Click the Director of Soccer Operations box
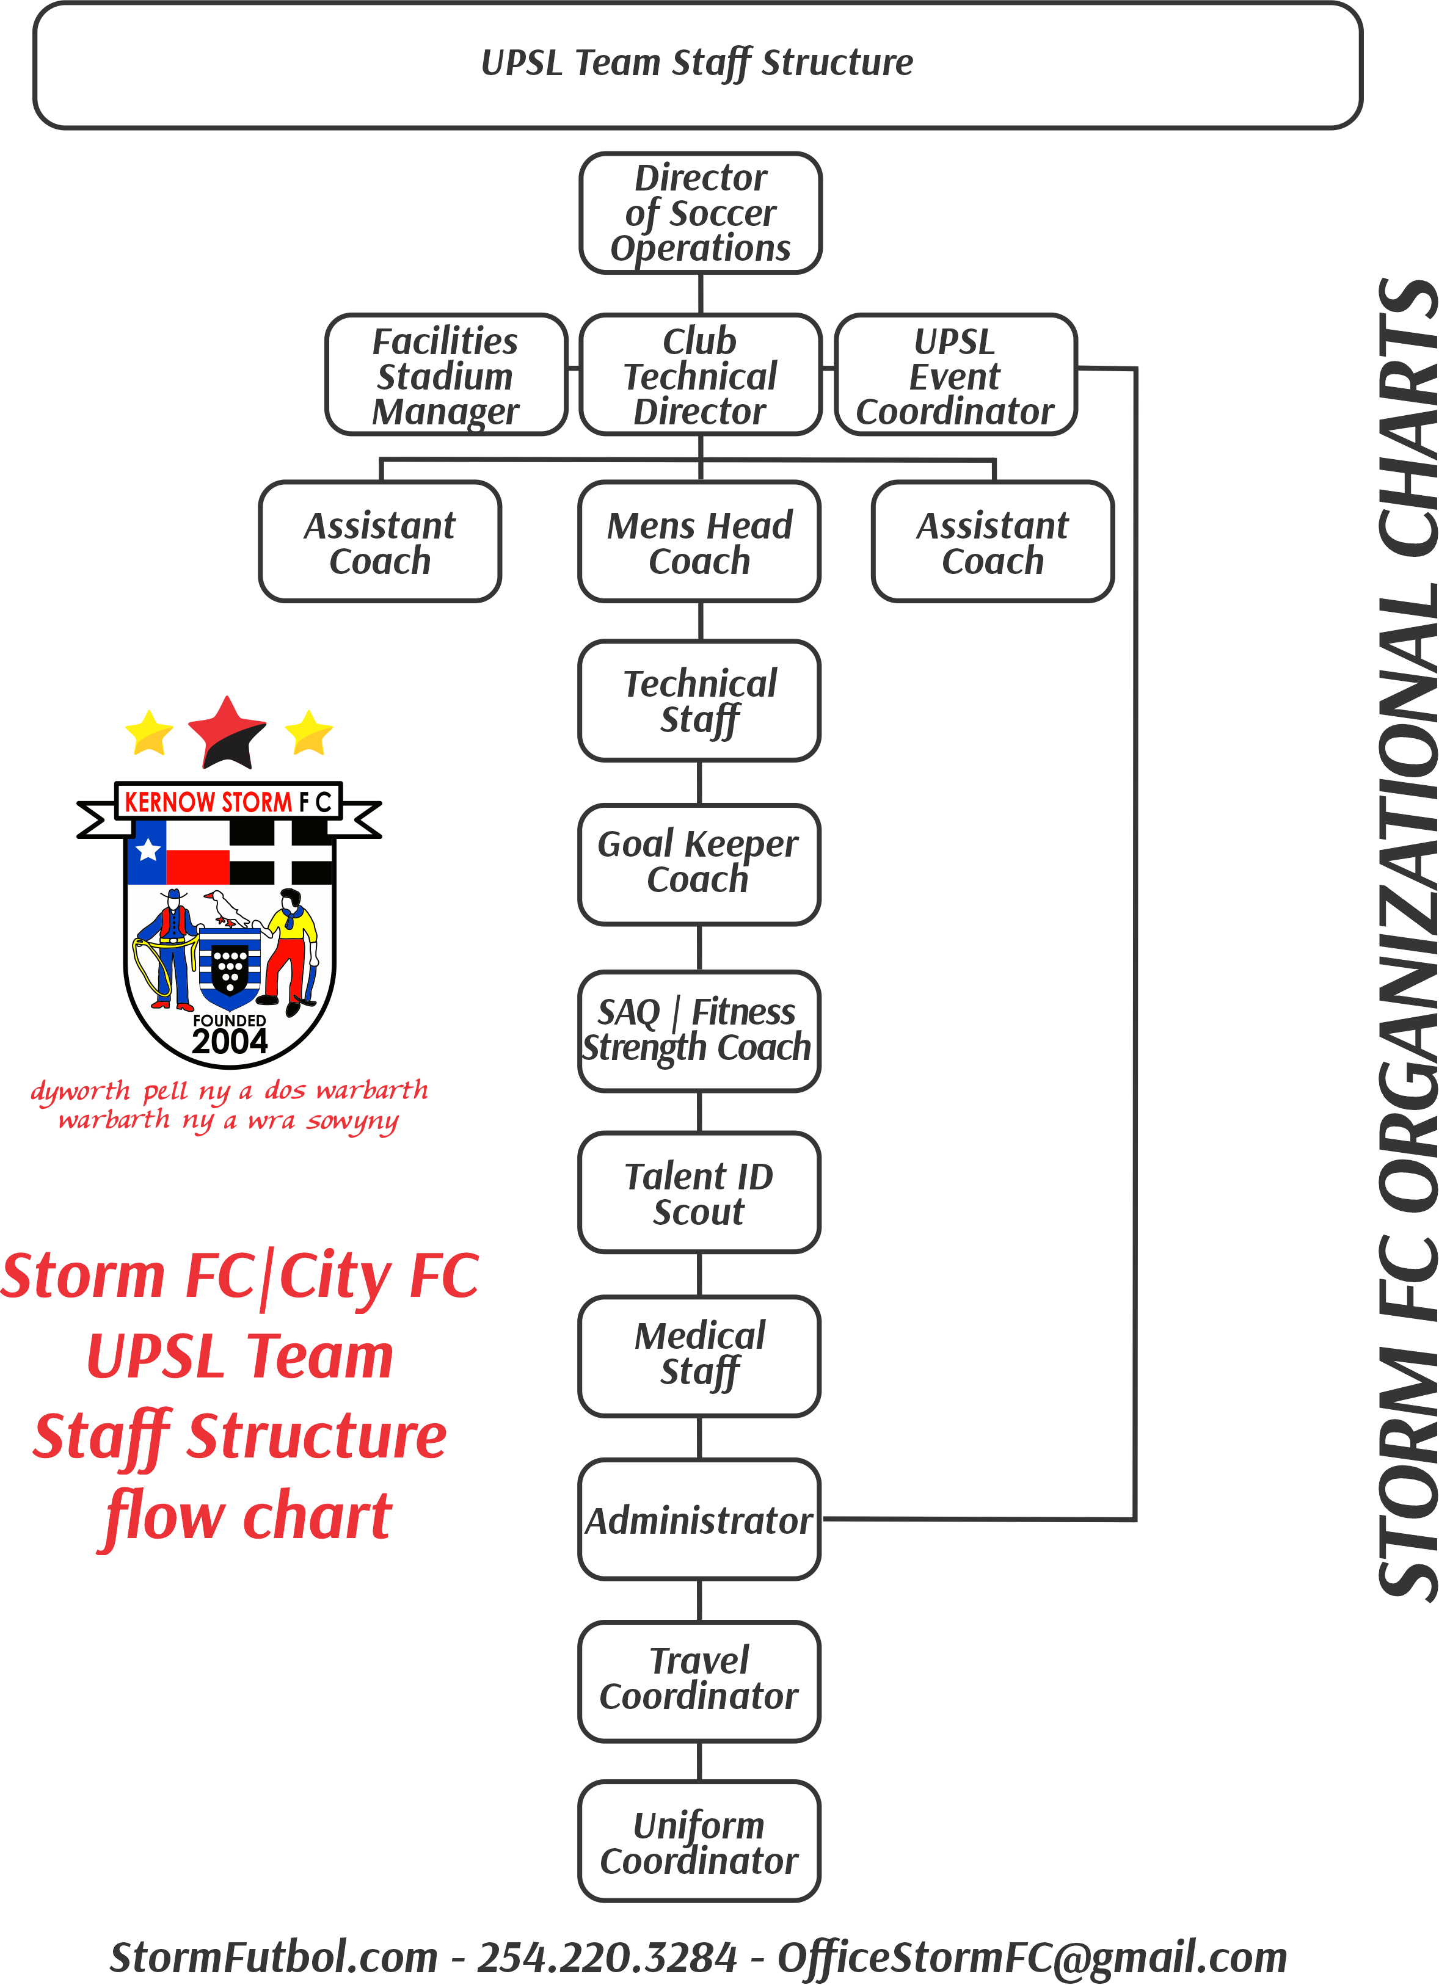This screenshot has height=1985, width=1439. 700,212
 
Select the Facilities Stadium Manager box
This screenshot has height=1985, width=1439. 445,376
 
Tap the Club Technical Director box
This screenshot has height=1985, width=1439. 700,376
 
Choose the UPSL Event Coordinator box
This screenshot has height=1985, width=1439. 955,376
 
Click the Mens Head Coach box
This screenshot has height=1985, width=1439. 699,542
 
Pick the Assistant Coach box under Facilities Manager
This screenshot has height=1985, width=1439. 380,542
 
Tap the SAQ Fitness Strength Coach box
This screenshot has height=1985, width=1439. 699,1030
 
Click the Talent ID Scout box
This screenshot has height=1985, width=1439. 699,1193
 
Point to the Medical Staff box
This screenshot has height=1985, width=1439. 699,1355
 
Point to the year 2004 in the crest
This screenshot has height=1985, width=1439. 229,1042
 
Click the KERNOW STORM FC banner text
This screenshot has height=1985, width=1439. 228,802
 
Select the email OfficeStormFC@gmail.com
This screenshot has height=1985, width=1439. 1032,1957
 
